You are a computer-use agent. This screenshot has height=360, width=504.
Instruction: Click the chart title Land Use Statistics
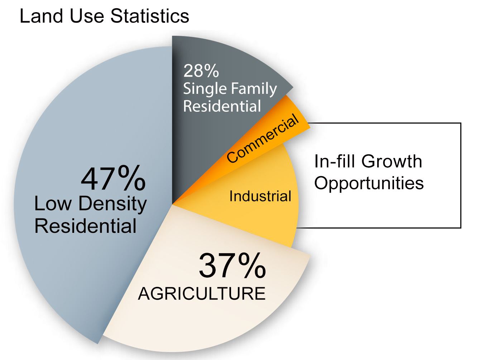(x=104, y=16)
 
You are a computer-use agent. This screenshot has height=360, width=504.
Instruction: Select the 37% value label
(x=232, y=265)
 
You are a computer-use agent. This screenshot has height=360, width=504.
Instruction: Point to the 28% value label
(x=201, y=71)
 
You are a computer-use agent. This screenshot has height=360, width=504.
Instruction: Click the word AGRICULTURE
(x=202, y=294)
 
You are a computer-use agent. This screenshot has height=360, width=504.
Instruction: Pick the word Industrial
(x=260, y=196)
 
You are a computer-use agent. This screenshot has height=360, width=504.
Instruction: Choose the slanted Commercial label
(x=263, y=138)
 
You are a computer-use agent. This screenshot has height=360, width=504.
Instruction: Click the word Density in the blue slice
(x=112, y=204)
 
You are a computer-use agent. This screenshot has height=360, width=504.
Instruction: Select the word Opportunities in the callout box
(x=369, y=183)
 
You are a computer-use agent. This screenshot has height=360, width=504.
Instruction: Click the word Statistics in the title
(x=150, y=16)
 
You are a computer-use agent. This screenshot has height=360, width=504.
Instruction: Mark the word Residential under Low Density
(x=85, y=226)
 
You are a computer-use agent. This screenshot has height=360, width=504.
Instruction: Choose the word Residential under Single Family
(x=222, y=106)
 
